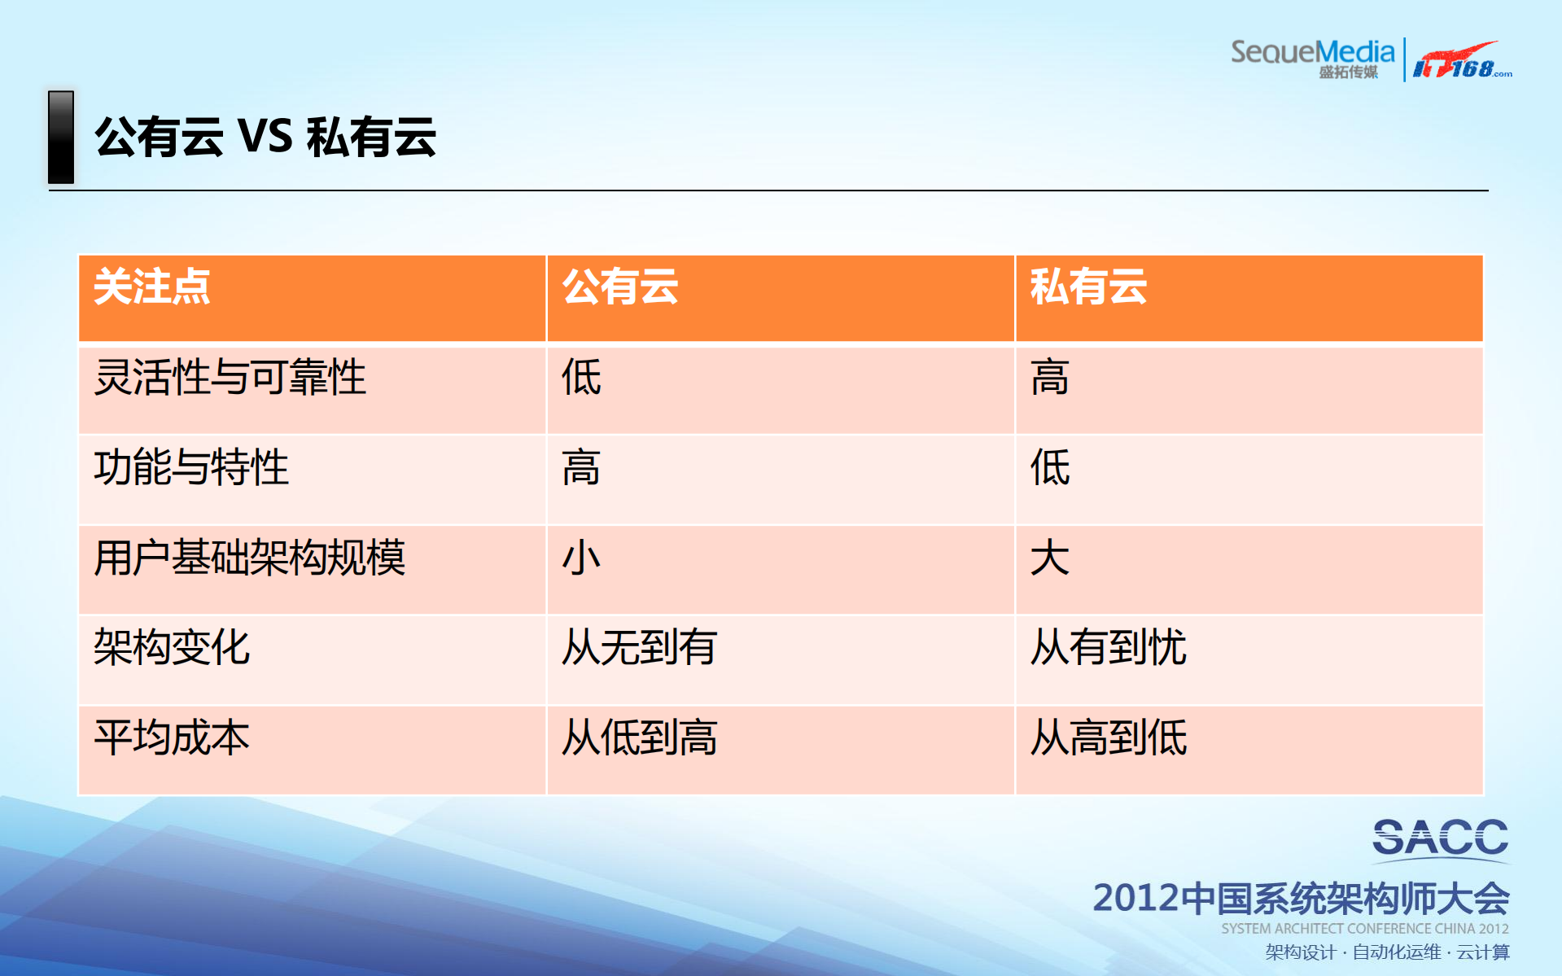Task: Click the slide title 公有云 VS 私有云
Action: pyautogui.click(x=265, y=137)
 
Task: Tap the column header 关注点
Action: pyautogui.click(x=152, y=287)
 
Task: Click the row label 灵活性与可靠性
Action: pyautogui.click(x=230, y=378)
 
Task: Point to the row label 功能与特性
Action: pyautogui.click(x=191, y=468)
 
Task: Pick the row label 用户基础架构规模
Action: pyautogui.click(x=249, y=558)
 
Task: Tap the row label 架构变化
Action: pyautogui.click(x=172, y=648)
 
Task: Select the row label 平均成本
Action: pyautogui.click(x=172, y=738)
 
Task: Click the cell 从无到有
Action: pyautogui.click(x=640, y=648)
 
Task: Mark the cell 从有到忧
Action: pyautogui.click(x=1108, y=648)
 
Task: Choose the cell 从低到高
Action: pyautogui.click(x=640, y=738)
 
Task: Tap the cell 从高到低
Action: pyautogui.click(x=1108, y=738)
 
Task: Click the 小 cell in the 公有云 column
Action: pyautogui.click(x=581, y=558)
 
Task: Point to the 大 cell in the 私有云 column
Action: pyautogui.click(x=1050, y=558)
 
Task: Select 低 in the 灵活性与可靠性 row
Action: pyautogui.click(x=581, y=378)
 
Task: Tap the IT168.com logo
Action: pyautogui.click(x=1462, y=62)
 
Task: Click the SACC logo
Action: pyautogui.click(x=1440, y=838)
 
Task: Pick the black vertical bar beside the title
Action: pyautogui.click(x=61, y=137)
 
